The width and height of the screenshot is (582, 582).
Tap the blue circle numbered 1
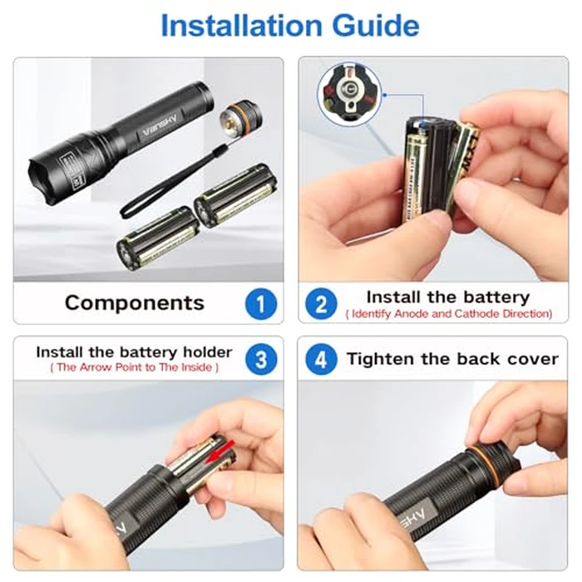point(260,303)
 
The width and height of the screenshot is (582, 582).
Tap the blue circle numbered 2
point(321,303)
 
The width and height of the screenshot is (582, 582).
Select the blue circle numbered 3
point(261,359)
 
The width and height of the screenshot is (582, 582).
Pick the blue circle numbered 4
point(321,359)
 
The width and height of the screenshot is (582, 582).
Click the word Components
point(134,303)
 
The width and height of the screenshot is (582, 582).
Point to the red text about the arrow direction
point(134,367)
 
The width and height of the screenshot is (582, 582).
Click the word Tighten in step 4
point(385,359)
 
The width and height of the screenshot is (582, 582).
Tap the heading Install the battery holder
point(134,352)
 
